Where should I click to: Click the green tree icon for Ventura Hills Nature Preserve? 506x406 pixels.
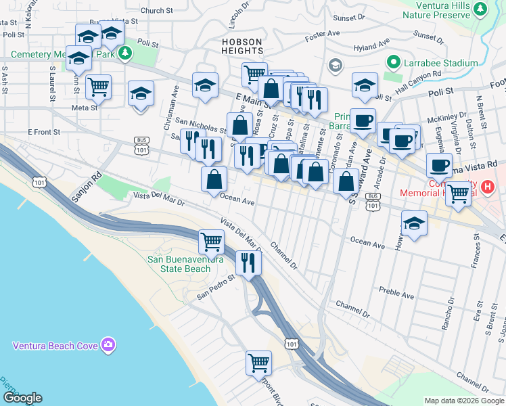click(x=480, y=9)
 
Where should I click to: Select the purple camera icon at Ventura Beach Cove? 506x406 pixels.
click(x=108, y=345)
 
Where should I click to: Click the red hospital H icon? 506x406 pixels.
click(x=488, y=185)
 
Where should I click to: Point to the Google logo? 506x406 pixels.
click(x=22, y=398)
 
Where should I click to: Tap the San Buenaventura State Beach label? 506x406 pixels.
click(x=179, y=264)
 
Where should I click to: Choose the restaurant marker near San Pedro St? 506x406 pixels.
click(x=248, y=262)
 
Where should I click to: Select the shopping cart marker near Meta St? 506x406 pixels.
click(x=99, y=86)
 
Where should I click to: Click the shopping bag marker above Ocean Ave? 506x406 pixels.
click(x=214, y=179)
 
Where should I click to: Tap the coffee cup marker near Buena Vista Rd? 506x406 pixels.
click(x=439, y=164)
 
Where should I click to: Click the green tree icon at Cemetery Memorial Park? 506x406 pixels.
click(x=124, y=53)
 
